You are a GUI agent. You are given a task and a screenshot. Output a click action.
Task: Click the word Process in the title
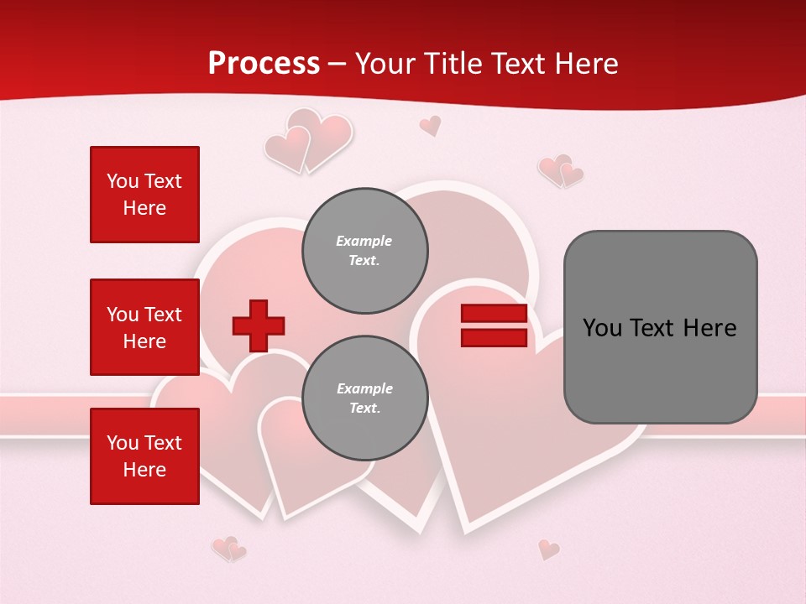264,64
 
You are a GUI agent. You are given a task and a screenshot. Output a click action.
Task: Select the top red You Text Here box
144,195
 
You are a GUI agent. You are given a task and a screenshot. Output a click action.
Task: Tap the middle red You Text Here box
144,327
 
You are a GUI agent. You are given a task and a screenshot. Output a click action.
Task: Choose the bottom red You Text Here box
144,456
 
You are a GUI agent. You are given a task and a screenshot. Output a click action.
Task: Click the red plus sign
259,325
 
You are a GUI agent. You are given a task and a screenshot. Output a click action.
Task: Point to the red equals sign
494,325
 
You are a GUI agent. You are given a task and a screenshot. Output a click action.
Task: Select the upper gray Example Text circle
364,250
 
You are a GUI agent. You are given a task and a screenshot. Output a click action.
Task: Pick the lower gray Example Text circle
364,398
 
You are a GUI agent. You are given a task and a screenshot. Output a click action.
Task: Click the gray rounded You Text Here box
660,327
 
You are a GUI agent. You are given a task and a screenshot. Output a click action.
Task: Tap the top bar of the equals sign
494,314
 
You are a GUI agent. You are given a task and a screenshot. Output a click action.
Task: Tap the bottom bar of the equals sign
494,338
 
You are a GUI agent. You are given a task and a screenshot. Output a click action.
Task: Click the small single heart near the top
430,126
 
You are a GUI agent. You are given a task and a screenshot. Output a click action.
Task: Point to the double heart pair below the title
308,140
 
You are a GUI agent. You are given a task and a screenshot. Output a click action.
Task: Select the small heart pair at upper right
561,171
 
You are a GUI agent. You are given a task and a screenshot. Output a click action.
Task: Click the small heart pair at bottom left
228,549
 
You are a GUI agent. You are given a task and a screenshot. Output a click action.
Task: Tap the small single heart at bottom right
548,549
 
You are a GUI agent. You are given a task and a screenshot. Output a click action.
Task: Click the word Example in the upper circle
364,241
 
